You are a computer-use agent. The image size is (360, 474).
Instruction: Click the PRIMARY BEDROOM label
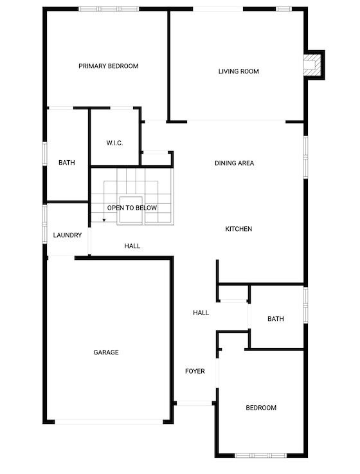109,66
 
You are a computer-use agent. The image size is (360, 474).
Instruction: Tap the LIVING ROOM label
239,71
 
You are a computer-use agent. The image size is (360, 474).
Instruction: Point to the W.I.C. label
114,143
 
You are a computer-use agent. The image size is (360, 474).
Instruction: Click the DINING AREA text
234,163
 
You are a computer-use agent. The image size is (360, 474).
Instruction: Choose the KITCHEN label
239,229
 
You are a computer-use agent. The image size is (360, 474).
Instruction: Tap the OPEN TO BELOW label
132,208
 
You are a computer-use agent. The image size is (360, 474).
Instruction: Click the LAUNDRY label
67,235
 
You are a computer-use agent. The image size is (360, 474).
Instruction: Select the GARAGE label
106,352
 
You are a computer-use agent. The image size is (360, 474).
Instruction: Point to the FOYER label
195,371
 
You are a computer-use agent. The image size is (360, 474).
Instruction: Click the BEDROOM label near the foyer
261,408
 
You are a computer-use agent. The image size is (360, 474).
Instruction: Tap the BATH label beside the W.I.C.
67,163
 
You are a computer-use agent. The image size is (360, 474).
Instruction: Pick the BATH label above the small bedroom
276,319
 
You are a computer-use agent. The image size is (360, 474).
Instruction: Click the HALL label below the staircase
132,246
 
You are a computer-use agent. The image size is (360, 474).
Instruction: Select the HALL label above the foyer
201,313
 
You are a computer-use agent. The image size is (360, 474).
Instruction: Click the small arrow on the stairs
104,221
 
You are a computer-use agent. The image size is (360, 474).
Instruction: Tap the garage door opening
109,422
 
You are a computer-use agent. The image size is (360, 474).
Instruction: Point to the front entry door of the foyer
195,403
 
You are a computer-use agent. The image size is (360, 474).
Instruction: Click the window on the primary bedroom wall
109,9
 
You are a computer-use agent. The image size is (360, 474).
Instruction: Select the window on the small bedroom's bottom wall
261,455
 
